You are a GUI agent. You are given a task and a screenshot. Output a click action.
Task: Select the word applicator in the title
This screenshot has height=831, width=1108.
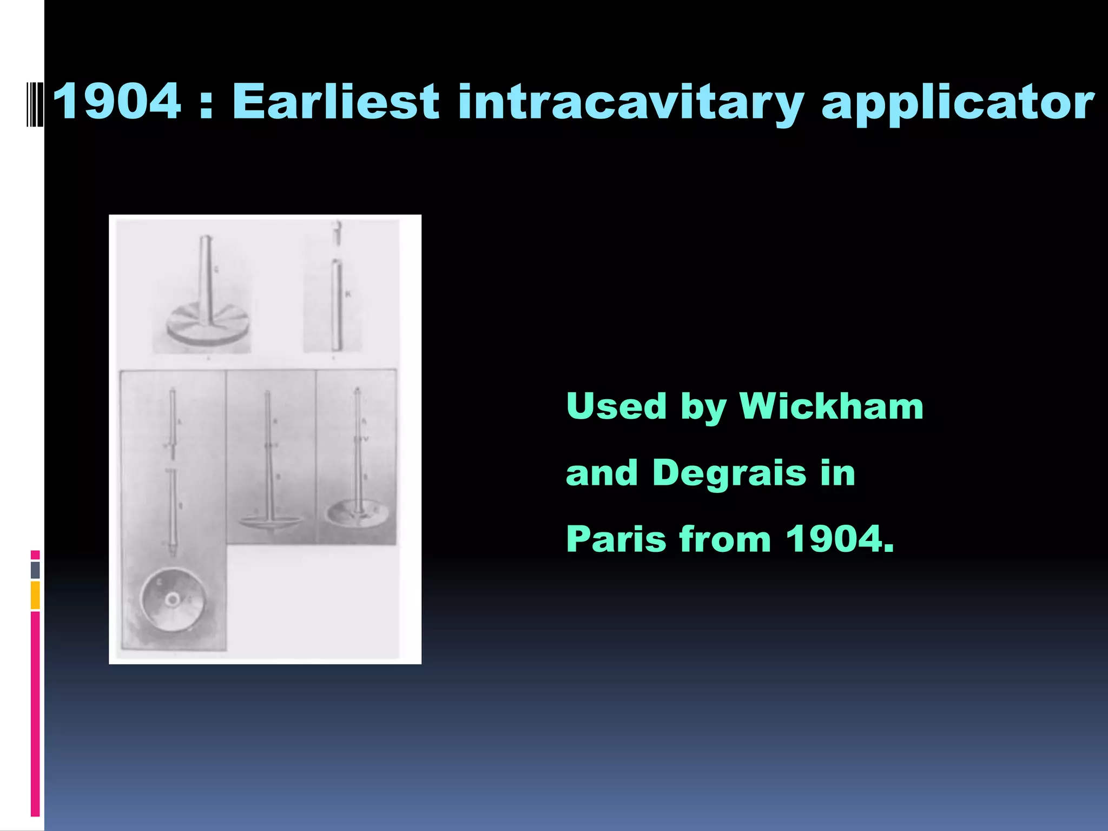[x=958, y=103]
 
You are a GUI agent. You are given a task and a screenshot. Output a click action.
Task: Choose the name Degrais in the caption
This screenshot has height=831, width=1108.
[x=729, y=473]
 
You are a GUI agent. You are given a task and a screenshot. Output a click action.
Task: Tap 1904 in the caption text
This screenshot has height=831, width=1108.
[x=838, y=539]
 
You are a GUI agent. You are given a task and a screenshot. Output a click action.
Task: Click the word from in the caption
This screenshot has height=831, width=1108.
[x=725, y=539]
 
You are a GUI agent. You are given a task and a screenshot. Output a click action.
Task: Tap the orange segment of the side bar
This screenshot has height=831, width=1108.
[x=35, y=595]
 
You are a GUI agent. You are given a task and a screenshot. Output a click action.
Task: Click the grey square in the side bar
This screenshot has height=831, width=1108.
[x=35, y=570]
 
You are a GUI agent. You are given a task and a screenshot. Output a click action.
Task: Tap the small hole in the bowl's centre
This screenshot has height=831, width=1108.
[x=173, y=599]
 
